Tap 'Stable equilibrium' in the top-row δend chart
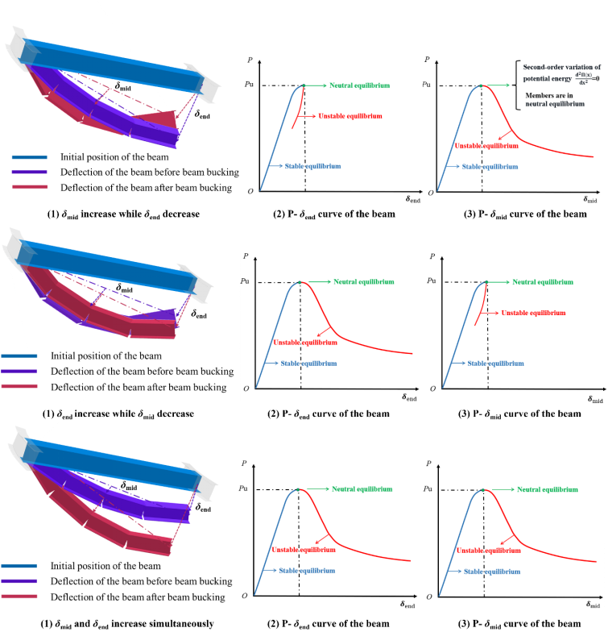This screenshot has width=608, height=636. pyautogui.click(x=316, y=165)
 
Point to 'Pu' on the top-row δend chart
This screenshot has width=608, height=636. pyautogui.click(x=252, y=85)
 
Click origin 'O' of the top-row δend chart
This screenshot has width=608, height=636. pyautogui.click(x=251, y=191)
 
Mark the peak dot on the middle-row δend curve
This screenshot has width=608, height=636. pyautogui.click(x=300, y=281)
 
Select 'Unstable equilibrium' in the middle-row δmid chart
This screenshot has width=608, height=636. pyautogui.click(x=533, y=312)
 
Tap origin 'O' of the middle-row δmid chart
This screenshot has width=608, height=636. pyautogui.click(x=432, y=389)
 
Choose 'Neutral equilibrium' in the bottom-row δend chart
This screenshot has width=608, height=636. pyautogui.click(x=362, y=489)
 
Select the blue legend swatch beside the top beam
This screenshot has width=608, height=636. pyautogui.click(x=29, y=158)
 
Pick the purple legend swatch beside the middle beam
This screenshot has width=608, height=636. pyautogui.click(x=19, y=371)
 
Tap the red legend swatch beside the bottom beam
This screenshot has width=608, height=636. pyautogui.click(x=19, y=597)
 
